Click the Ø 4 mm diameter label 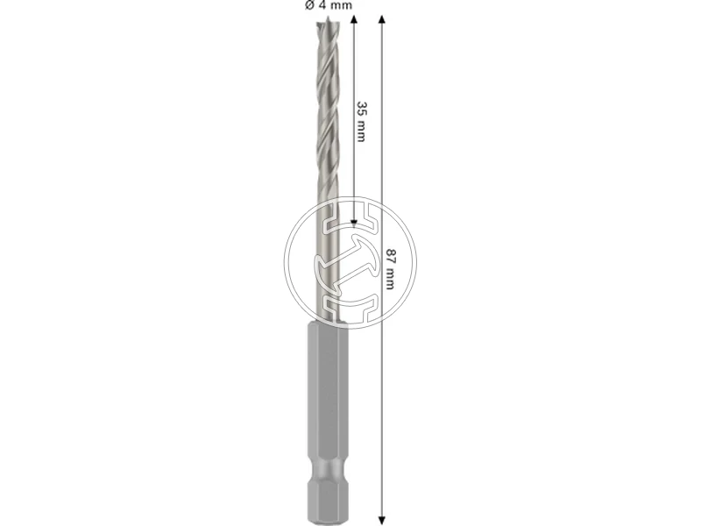328,5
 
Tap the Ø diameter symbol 308,5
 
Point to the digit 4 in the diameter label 322,5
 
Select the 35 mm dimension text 361,121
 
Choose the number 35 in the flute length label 361,108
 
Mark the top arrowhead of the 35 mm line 354,19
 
